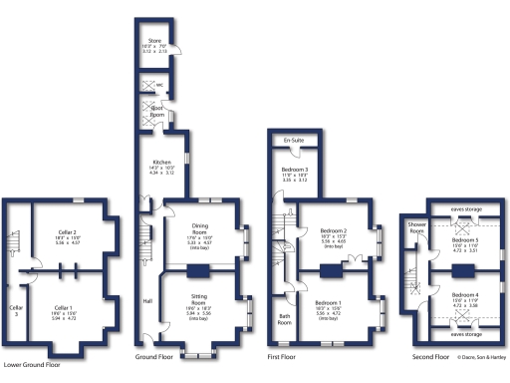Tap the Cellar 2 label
(x=67, y=231)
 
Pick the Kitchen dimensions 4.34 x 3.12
(x=162, y=173)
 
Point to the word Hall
(x=147, y=300)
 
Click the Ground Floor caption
(x=153, y=356)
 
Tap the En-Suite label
(x=294, y=140)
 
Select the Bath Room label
(x=285, y=322)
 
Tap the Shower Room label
(x=415, y=228)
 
